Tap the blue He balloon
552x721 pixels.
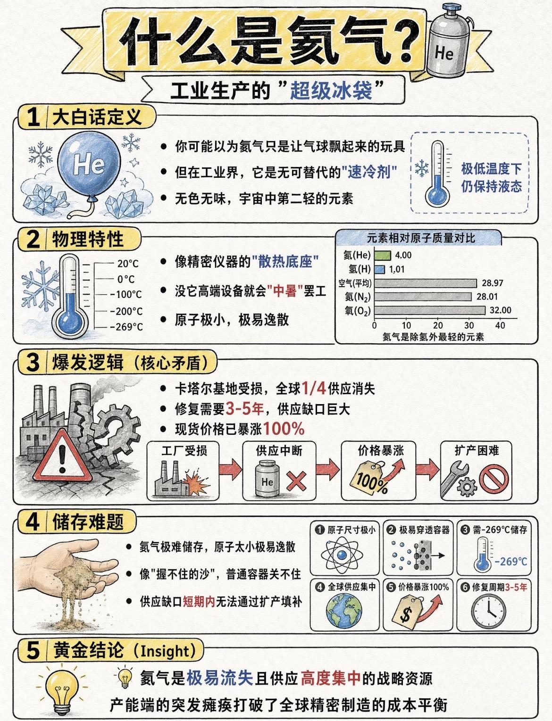(x=89, y=165)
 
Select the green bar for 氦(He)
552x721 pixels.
(x=383, y=255)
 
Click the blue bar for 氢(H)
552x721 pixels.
(x=380, y=269)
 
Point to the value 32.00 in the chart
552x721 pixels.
(x=500, y=310)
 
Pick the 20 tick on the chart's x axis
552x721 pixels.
(x=437, y=325)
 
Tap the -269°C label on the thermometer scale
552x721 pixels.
(x=126, y=327)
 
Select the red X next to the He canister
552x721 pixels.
(x=296, y=481)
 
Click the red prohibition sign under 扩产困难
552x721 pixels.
(x=494, y=481)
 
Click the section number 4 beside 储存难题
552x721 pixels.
(x=32, y=522)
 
